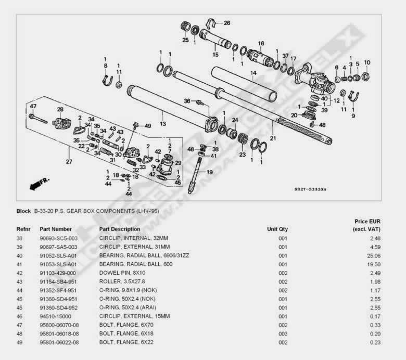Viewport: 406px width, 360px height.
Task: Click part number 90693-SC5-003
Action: (58, 238)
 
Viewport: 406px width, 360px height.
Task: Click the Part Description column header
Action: (119, 229)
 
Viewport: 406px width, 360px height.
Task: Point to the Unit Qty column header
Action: (277, 229)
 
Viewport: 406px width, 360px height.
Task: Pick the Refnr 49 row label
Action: (19, 343)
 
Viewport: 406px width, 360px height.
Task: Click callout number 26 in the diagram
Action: (226, 23)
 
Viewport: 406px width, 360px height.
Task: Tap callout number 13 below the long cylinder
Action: (163, 124)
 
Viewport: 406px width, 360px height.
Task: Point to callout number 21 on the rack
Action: (273, 138)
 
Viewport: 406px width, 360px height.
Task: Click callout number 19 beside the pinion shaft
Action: (210, 172)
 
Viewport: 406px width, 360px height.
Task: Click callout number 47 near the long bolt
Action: (33, 106)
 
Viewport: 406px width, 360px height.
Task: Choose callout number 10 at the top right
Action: (367, 62)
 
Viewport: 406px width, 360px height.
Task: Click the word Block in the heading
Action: (23, 212)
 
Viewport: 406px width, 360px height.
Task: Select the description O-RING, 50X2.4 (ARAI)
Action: (126, 308)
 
